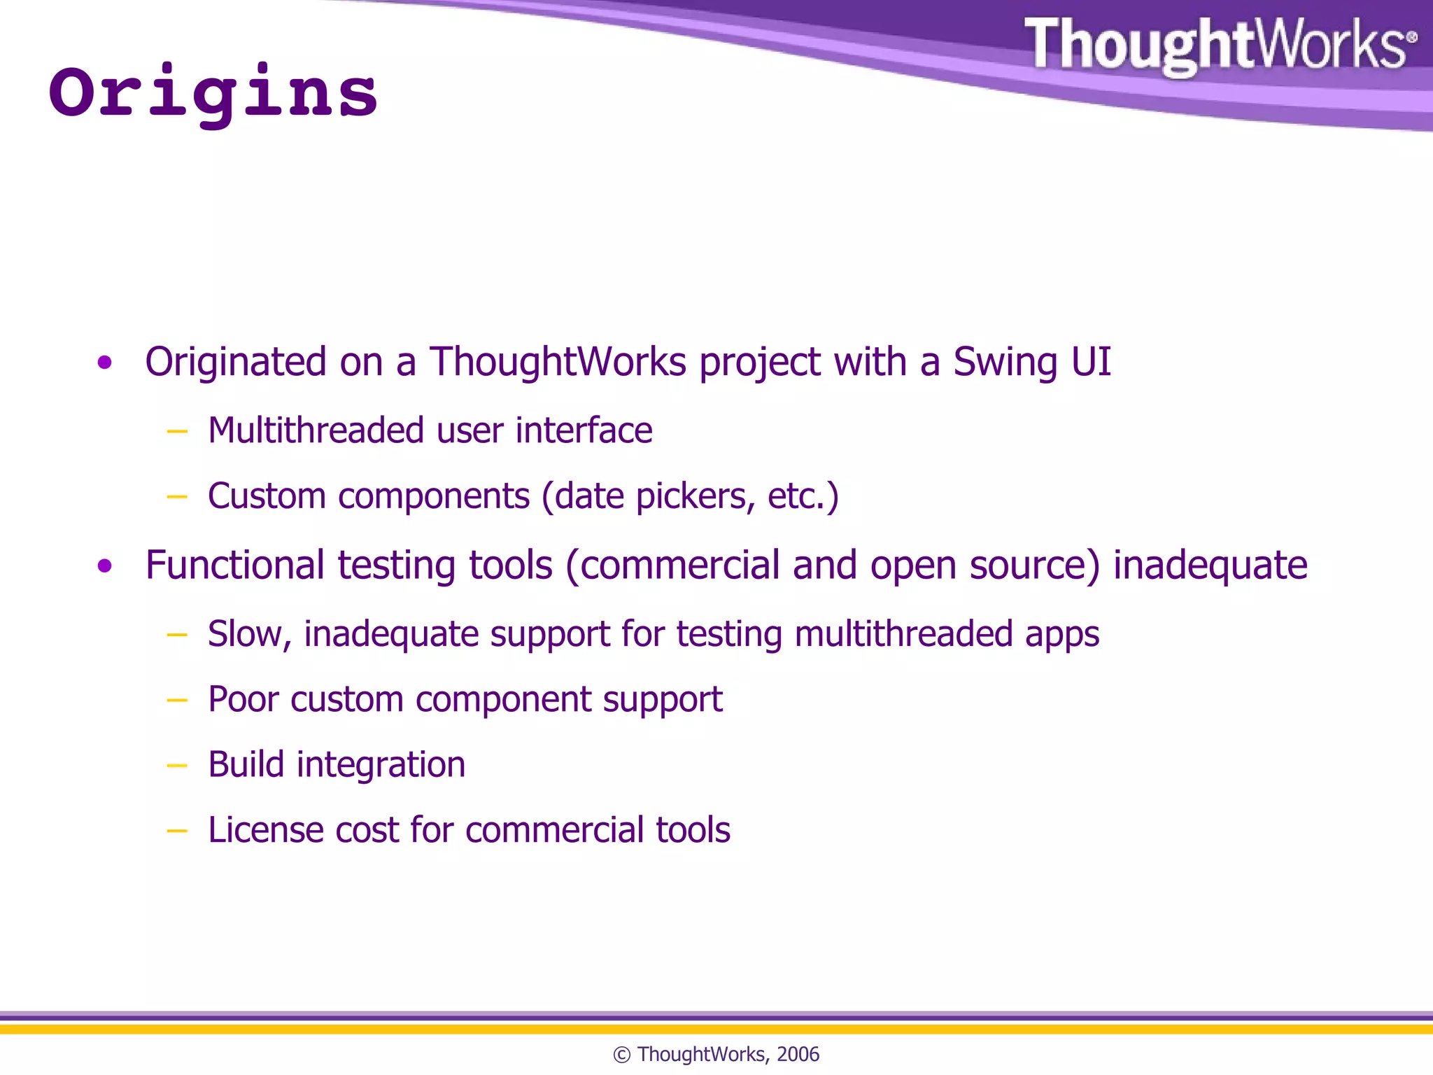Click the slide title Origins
[213, 93]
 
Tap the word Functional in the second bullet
[235, 565]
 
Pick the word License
[265, 830]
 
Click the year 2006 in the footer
[798, 1054]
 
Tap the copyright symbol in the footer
[621, 1055]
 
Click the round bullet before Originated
[105, 363]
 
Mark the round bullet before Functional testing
[105, 565]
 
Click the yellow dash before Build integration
[177, 766]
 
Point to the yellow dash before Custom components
[177, 497]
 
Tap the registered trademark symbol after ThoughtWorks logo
[1411, 37]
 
